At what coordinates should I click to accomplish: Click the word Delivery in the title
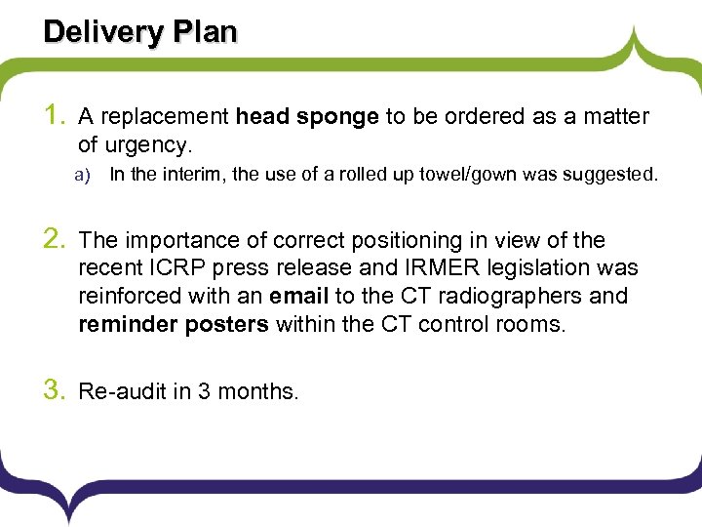click(x=102, y=31)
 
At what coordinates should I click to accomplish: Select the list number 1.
click(x=56, y=117)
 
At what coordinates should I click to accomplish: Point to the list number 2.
click(x=56, y=240)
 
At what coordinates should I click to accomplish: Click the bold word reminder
click(x=128, y=324)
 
